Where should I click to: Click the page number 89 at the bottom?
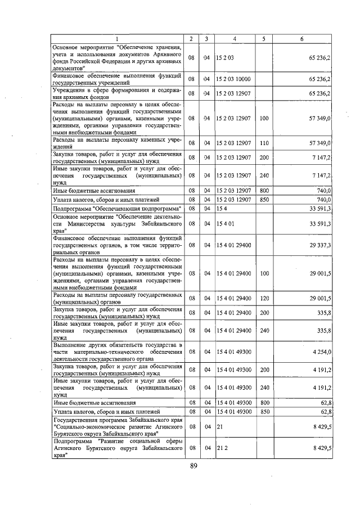point(193,466)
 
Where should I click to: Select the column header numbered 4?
point(234,38)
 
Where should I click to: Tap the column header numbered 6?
point(303,38)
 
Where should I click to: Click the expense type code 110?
point(264,143)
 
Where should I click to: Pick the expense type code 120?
point(264,296)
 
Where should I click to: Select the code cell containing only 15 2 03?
point(224,57)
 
